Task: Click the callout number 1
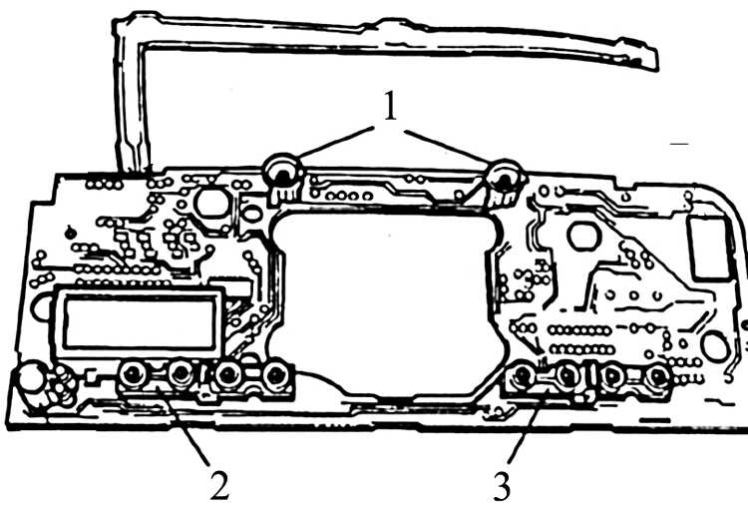[390, 106]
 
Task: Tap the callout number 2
[220, 485]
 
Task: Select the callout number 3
[501, 487]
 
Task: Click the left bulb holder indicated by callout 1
[282, 178]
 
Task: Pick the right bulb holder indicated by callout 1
[506, 183]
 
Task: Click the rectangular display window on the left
[139, 321]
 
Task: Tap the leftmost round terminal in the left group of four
[133, 374]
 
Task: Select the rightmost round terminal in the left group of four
[275, 375]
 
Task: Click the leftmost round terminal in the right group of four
[523, 376]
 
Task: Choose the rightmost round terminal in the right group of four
[659, 377]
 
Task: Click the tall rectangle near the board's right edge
[708, 248]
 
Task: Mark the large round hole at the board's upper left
[211, 203]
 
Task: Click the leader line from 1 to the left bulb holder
[335, 142]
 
